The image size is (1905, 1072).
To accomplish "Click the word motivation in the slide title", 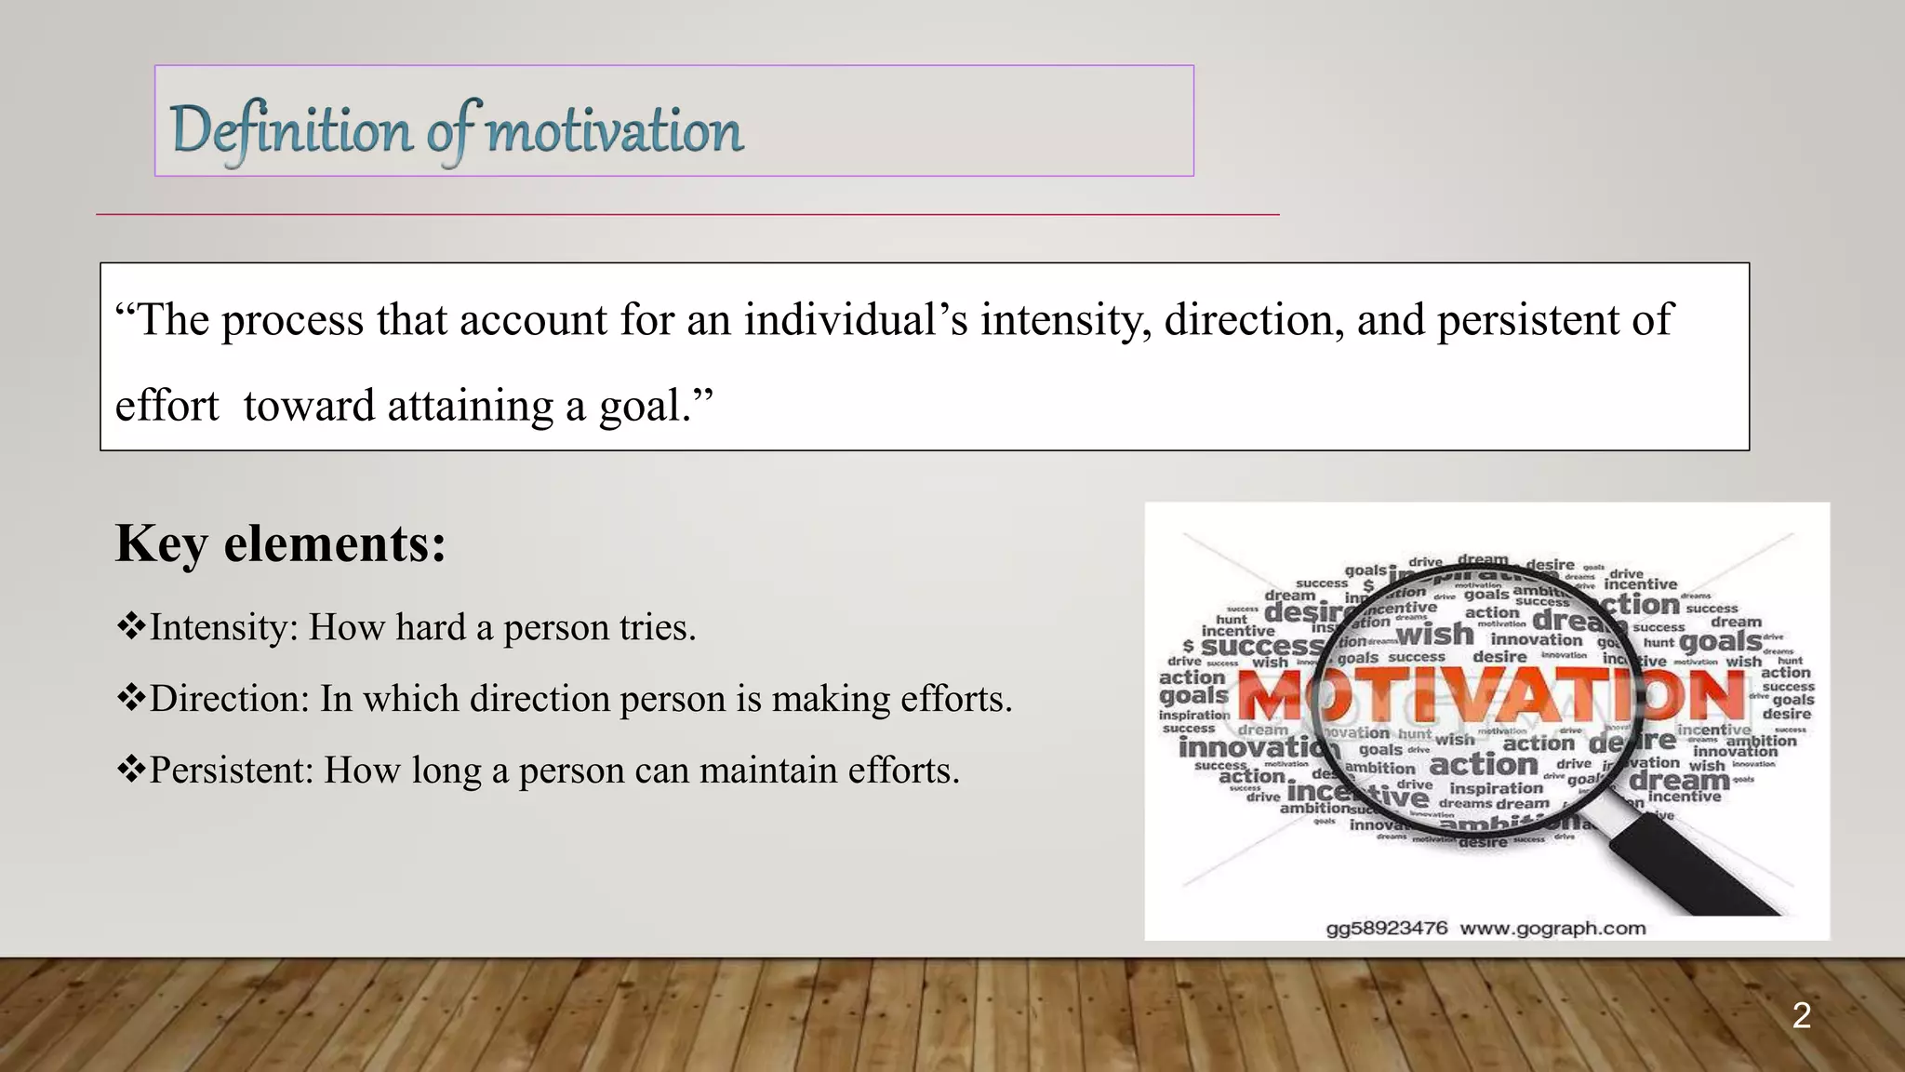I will [614, 130].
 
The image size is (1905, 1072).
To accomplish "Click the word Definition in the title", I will [290, 130].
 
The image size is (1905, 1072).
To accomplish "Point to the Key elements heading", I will [281, 543].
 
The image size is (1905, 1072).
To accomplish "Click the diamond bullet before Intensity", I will [130, 626].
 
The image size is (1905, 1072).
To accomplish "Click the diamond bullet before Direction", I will [130, 697].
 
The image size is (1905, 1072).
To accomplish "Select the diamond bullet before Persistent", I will [130, 769].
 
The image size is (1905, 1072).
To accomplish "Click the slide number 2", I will [1801, 1015].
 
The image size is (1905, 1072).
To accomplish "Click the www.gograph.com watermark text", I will [1552, 928].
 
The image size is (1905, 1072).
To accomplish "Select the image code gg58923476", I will [1386, 928].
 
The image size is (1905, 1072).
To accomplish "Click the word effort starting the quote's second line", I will [167, 407].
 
